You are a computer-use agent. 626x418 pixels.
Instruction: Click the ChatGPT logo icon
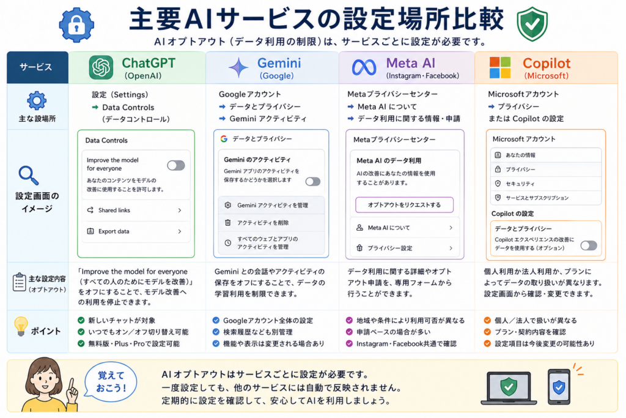pyautogui.click(x=101, y=67)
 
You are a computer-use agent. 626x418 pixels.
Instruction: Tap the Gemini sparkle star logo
pyautogui.click(x=238, y=67)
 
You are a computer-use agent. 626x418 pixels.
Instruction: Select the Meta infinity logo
pyautogui.click(x=364, y=67)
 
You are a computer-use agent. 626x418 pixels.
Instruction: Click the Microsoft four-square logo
pyautogui.click(x=500, y=67)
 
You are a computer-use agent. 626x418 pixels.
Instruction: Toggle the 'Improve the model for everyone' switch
pyautogui.click(x=175, y=165)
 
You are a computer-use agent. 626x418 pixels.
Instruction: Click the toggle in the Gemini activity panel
pyautogui.click(x=312, y=182)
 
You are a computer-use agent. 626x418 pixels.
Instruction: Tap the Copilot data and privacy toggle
pyautogui.click(x=589, y=245)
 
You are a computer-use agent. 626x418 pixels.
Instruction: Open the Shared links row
pyautogui.click(x=135, y=210)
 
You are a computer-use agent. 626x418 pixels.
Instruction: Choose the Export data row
pyautogui.click(x=135, y=231)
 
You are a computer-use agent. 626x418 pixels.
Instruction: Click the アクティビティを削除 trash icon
pyautogui.click(x=227, y=223)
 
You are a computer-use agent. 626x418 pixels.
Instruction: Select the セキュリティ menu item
pyautogui.click(x=545, y=184)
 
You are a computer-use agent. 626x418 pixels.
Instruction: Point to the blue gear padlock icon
pyautogui.click(x=76, y=24)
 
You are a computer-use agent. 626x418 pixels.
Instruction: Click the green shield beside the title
pyautogui.click(x=532, y=24)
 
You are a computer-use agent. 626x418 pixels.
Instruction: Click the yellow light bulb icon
pyautogui.click(x=21, y=326)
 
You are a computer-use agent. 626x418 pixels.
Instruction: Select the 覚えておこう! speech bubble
pyautogui.click(x=111, y=381)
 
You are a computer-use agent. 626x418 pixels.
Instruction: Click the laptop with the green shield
pyautogui.click(x=509, y=388)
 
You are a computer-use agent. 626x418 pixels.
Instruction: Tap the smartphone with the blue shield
pyautogui.click(x=559, y=387)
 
